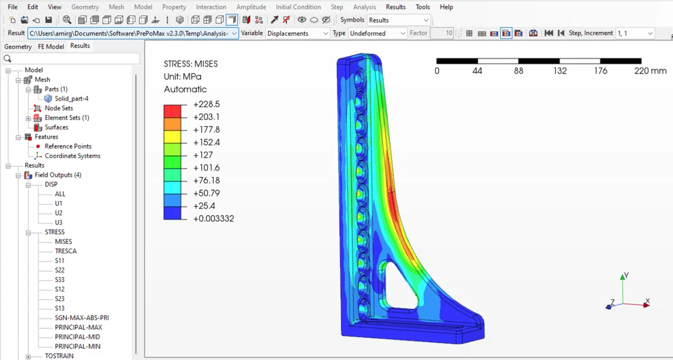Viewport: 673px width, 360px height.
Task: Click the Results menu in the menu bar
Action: [395, 7]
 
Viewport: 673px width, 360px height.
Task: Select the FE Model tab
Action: [51, 47]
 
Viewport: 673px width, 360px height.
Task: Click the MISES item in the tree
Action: [63, 241]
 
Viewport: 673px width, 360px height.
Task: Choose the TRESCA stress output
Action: [66, 251]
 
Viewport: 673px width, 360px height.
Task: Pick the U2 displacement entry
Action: [59, 213]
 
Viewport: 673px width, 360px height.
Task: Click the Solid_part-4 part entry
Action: [71, 98]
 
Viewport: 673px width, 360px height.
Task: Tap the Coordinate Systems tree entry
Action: [72, 156]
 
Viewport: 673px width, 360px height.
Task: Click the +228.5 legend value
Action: [206, 104]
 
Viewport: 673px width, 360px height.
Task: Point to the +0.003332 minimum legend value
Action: [214, 219]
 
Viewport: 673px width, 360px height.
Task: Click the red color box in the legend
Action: [171, 111]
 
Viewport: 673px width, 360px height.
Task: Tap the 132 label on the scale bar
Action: [560, 71]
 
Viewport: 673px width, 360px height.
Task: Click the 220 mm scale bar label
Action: [650, 71]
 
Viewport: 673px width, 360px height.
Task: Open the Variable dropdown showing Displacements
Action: [297, 33]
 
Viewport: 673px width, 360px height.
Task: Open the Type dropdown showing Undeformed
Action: [377, 33]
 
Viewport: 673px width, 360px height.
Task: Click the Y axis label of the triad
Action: [626, 276]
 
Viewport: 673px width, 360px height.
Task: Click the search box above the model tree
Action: [71, 58]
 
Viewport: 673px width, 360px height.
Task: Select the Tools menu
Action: [423, 7]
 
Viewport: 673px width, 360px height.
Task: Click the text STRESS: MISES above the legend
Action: [190, 64]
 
